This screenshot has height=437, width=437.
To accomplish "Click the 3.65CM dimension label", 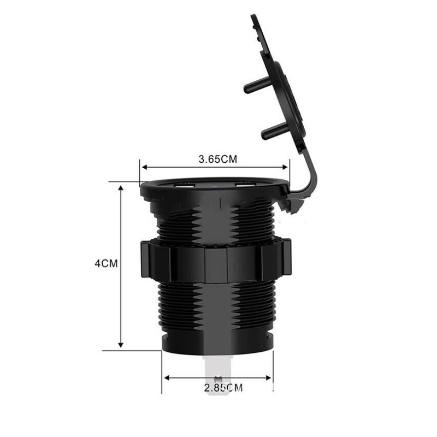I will tap(217, 160).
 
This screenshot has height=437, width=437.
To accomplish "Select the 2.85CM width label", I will tap(223, 388).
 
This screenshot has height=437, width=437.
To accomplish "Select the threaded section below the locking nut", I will tap(216, 309).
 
